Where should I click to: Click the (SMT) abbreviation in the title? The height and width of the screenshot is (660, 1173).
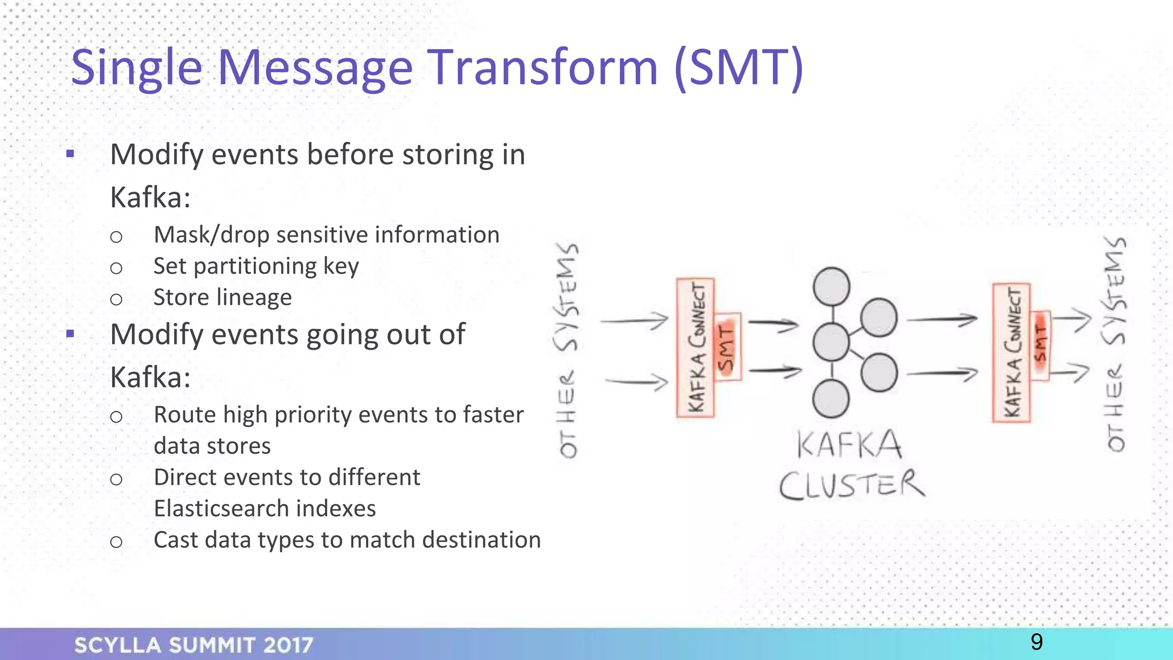(739, 69)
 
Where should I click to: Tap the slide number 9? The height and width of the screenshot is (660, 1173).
(1036, 642)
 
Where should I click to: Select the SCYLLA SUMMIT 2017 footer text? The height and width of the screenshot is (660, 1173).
(194, 645)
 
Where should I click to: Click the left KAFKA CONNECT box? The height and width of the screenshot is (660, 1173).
(695, 347)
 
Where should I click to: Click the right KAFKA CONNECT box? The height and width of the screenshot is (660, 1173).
(1011, 353)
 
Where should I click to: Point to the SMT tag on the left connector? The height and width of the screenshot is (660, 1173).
(727, 347)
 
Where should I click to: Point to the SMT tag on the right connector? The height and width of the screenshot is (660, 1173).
(1041, 345)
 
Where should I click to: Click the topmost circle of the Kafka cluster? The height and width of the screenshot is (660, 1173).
(831, 286)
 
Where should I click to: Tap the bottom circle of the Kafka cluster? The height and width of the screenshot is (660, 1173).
(830, 399)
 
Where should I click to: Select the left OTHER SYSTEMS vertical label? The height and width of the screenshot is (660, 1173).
(568, 349)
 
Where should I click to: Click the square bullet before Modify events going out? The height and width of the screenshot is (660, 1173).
(70, 333)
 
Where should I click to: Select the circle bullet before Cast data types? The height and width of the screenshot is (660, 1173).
(116, 541)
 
